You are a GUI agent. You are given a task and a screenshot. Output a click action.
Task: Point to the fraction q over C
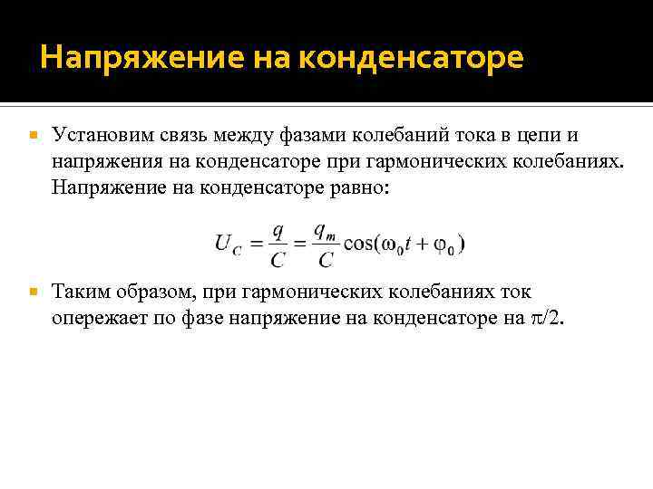click(278, 244)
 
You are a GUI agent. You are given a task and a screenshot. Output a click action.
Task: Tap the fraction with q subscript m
click(325, 244)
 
